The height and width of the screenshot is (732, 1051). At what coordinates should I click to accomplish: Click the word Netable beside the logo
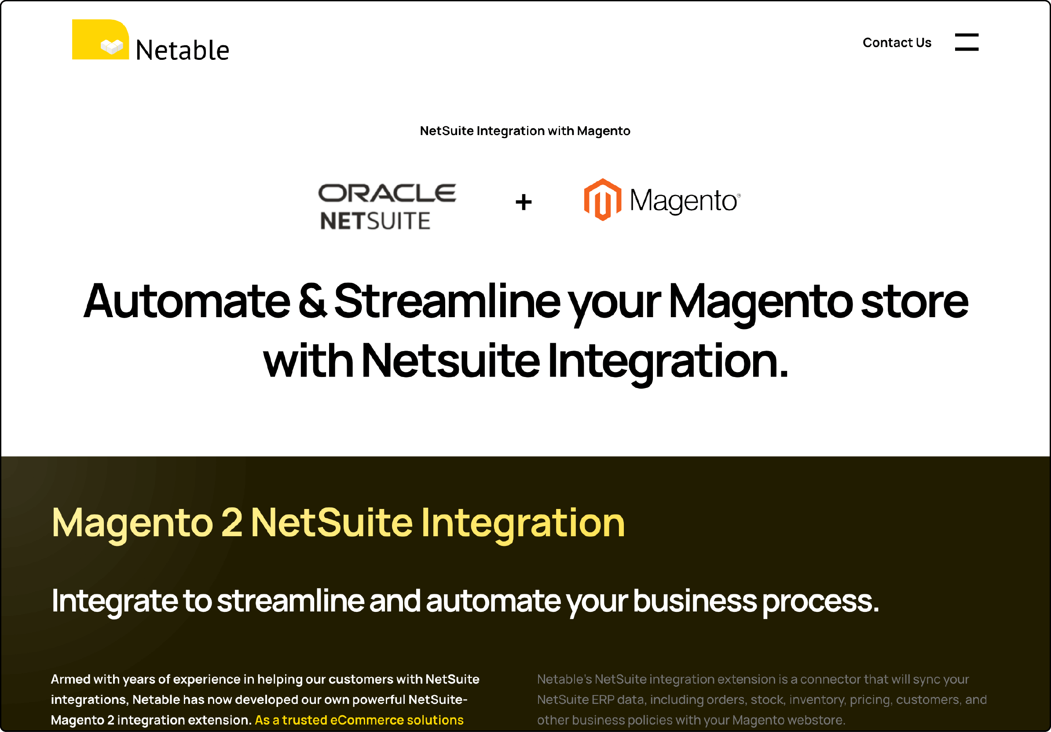click(182, 50)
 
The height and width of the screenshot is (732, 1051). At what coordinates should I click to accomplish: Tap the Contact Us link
click(896, 43)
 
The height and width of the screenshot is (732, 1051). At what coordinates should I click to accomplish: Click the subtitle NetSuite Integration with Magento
click(524, 131)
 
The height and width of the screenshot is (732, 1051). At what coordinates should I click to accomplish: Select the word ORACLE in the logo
click(387, 193)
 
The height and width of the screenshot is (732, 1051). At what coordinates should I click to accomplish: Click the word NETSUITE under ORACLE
click(375, 221)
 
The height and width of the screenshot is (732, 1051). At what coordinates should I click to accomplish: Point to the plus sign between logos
click(523, 202)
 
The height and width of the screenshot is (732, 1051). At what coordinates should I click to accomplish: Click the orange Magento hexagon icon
click(602, 200)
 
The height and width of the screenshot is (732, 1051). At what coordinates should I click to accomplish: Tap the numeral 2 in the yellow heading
click(231, 522)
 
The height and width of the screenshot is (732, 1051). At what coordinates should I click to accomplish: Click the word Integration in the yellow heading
click(522, 522)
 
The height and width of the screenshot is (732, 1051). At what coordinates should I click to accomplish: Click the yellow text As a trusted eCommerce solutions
click(359, 720)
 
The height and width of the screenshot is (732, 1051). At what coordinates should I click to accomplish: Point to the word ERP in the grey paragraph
click(602, 699)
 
